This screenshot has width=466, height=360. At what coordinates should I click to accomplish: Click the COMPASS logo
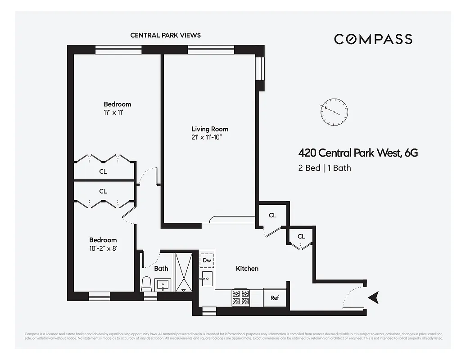click(x=373, y=39)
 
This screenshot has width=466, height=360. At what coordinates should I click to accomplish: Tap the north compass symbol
click(x=334, y=112)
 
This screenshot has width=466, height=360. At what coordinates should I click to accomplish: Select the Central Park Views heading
click(x=165, y=35)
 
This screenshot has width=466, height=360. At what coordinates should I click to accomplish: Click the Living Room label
click(x=209, y=129)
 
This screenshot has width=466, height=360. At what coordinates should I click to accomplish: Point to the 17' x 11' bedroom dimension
click(x=113, y=112)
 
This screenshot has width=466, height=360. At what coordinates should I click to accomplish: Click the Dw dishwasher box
click(x=207, y=260)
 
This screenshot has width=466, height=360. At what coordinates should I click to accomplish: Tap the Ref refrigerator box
click(x=275, y=298)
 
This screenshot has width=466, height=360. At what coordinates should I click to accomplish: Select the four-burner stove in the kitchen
click(x=240, y=297)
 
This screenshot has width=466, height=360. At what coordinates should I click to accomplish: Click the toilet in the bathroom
click(x=146, y=283)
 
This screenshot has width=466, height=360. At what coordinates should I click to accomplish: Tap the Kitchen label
click(x=247, y=269)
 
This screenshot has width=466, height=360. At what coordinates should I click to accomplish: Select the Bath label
click(x=161, y=269)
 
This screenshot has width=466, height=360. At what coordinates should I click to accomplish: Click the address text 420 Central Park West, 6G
click(x=358, y=153)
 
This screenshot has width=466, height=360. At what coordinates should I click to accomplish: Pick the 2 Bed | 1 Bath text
click(x=325, y=168)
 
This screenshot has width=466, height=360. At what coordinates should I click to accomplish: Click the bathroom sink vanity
click(x=163, y=285)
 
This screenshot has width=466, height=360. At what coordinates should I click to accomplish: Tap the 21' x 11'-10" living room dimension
click(x=207, y=137)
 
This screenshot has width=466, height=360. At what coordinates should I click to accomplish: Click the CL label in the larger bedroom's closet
click(x=103, y=171)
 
